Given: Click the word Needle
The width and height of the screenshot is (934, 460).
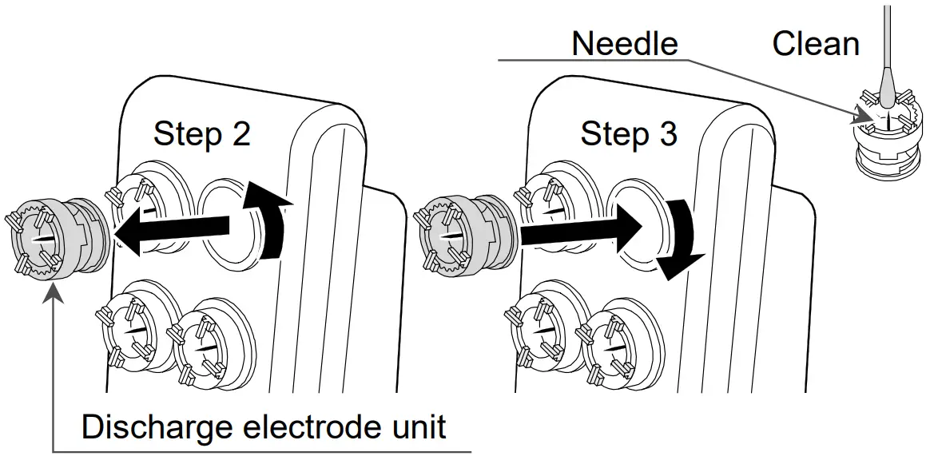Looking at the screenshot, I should pos(624,43).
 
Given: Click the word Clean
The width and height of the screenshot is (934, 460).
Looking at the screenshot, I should pos(815,43).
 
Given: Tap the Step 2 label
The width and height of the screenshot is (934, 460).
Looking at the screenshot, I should pos(201,133).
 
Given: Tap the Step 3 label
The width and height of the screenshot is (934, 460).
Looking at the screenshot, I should pos(628,133).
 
